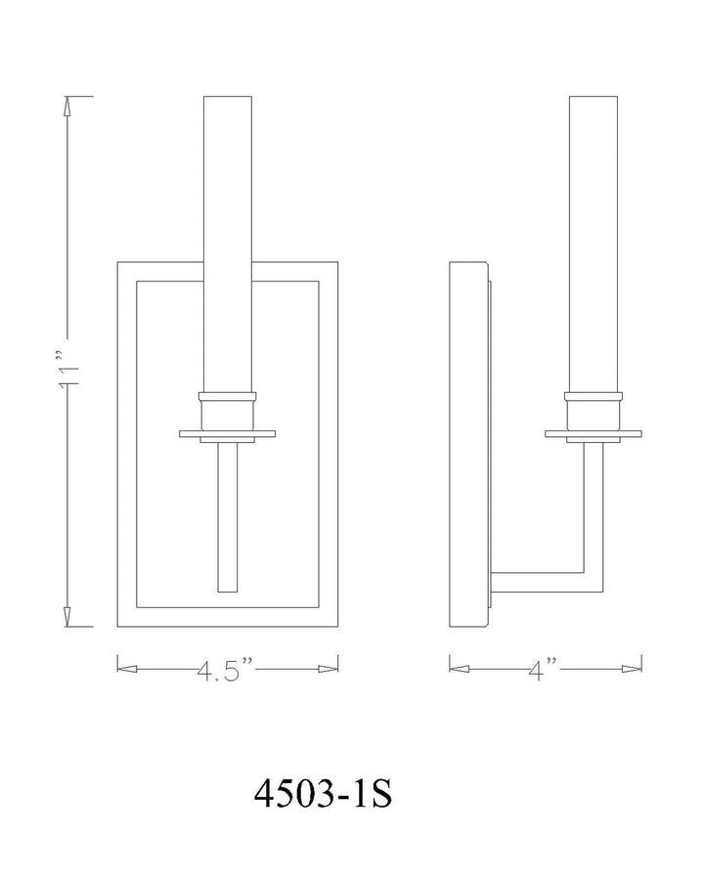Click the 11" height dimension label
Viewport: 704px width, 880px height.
(x=68, y=370)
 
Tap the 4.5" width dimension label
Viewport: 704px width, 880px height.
(x=226, y=670)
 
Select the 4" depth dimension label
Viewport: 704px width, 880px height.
(x=543, y=669)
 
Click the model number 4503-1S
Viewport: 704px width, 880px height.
(x=323, y=794)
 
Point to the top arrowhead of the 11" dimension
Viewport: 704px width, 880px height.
(x=67, y=106)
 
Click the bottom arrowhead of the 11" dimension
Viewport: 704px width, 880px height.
(x=67, y=616)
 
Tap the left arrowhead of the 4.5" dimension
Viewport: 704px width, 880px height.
(x=127, y=669)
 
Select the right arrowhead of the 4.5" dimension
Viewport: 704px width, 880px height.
(x=328, y=669)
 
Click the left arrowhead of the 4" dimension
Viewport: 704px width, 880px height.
(x=460, y=669)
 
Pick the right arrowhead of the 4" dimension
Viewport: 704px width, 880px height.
(x=632, y=669)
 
